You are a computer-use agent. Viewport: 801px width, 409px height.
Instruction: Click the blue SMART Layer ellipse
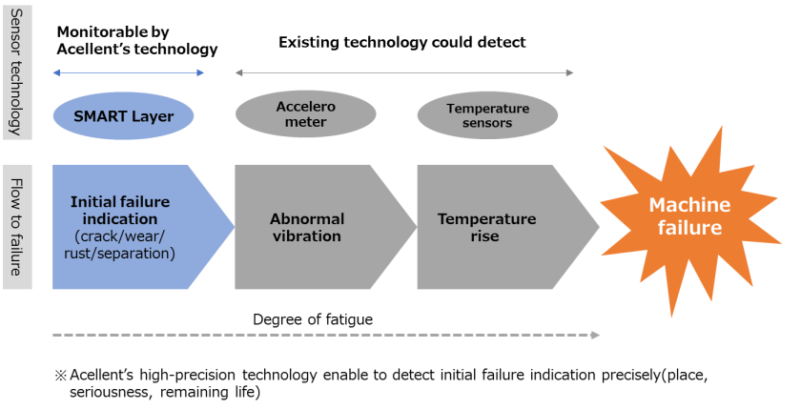123,116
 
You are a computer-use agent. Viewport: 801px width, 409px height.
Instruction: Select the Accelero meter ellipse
305,114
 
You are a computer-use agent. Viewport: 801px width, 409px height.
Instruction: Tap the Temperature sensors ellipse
487,115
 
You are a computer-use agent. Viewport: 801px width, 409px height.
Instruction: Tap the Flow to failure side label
16,227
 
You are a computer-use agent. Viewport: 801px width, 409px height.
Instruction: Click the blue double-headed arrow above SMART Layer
128,72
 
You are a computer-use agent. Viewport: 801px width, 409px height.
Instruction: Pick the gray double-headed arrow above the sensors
404,72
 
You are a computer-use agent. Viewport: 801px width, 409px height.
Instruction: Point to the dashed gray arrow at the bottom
325,336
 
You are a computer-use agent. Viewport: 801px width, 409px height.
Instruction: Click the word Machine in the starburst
688,205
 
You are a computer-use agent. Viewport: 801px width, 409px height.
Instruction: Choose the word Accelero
306,107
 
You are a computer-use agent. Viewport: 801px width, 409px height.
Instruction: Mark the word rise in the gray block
484,235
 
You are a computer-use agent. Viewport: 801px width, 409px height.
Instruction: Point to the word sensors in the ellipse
488,123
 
